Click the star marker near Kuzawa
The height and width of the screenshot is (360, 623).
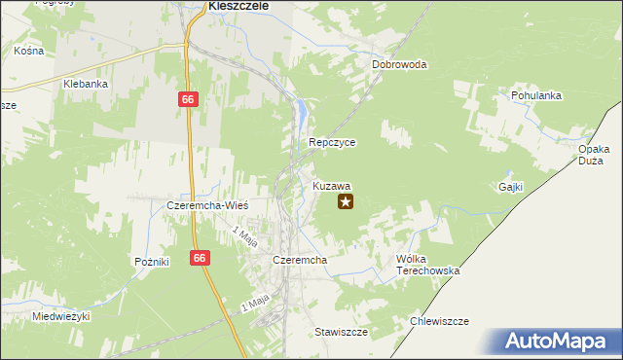[345, 201]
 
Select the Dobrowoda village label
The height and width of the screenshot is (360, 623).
[399, 65]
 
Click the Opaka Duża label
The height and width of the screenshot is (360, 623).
[594, 156]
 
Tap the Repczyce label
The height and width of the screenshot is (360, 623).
[332, 142]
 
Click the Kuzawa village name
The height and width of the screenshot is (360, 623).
[332, 185]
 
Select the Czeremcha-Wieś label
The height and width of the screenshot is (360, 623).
[208, 206]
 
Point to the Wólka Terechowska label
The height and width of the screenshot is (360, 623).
[426, 265]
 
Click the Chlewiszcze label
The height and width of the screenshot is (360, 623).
[440, 321]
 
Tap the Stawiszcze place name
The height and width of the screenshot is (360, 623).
[341, 332]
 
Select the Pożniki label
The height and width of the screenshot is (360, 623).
[152, 262]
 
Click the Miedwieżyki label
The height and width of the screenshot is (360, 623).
[60, 317]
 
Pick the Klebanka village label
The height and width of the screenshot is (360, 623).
[85, 85]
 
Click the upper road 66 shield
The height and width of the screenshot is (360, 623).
[188, 99]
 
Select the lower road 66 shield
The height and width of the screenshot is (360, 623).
[200, 258]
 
